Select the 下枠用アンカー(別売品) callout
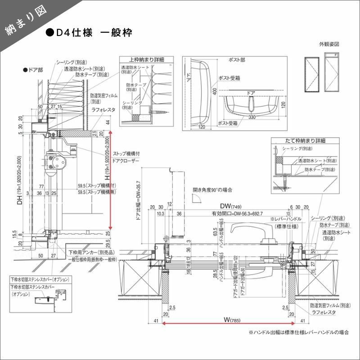(x=90, y=252)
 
